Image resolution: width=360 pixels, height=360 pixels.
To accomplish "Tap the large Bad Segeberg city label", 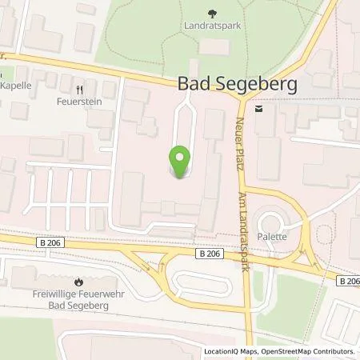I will coord(226,83).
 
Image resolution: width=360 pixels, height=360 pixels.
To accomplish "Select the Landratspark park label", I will coord(212,26).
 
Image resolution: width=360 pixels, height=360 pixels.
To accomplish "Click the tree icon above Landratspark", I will coord(212,13).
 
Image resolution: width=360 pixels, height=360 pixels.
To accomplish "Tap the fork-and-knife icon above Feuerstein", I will coord(79,90).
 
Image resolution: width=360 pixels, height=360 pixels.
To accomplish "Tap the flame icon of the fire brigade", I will coord(78,282).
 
